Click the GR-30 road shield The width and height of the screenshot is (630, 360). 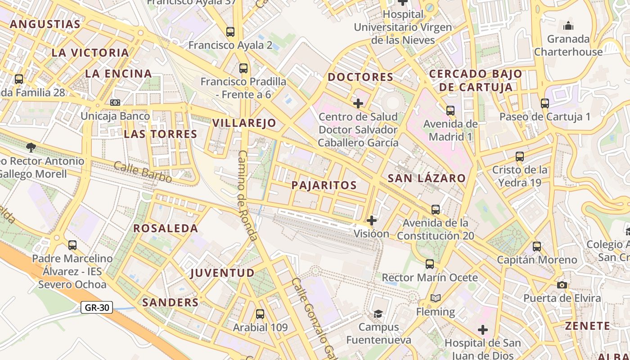pyautogui.click(x=97, y=308)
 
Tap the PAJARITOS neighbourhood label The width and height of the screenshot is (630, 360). pyautogui.click(x=324, y=185)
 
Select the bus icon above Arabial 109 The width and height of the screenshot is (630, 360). pyautogui.click(x=260, y=314)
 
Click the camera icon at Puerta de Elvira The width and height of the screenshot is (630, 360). pyautogui.click(x=562, y=285)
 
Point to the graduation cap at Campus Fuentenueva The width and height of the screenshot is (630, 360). pyautogui.click(x=378, y=314)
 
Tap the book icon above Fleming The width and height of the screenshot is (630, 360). pyautogui.click(x=435, y=298)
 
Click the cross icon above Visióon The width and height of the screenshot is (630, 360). pyautogui.click(x=372, y=220)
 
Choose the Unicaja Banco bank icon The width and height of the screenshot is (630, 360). pyautogui.click(x=115, y=103)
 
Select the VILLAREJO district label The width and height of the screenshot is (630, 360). pyautogui.click(x=244, y=123)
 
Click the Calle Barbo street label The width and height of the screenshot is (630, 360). pyautogui.click(x=143, y=172)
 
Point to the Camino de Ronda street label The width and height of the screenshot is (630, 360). pyautogui.click(x=247, y=196)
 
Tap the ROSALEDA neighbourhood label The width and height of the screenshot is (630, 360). pyautogui.click(x=166, y=228)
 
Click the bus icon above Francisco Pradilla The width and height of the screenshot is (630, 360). pyautogui.click(x=243, y=68)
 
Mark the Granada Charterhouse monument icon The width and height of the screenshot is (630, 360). pyautogui.click(x=568, y=26)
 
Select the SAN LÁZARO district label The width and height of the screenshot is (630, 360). pyautogui.click(x=427, y=178)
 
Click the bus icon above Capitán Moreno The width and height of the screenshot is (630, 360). pyautogui.click(x=537, y=247)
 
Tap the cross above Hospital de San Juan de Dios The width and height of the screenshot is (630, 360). pyautogui.click(x=483, y=330)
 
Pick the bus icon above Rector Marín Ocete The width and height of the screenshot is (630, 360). pyautogui.click(x=430, y=264)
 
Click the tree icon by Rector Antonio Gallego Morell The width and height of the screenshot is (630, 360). pyautogui.click(x=31, y=147)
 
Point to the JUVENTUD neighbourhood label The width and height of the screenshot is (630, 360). pyautogui.click(x=222, y=273)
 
